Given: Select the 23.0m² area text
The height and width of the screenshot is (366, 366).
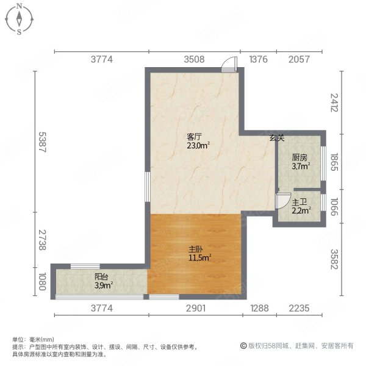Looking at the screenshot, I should [198, 146].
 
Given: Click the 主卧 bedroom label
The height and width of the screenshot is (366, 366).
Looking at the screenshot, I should [195, 249].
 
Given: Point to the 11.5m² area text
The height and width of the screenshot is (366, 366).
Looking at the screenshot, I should [199, 258].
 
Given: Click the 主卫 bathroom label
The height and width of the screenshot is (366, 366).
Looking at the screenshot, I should [299, 203].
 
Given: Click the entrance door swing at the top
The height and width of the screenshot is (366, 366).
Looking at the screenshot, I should [228, 64].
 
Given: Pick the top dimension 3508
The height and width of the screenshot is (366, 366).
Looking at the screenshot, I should [194, 59].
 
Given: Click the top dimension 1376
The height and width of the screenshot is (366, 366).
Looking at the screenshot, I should [259, 59].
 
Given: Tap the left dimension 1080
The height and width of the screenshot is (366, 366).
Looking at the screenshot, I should [40, 284].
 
